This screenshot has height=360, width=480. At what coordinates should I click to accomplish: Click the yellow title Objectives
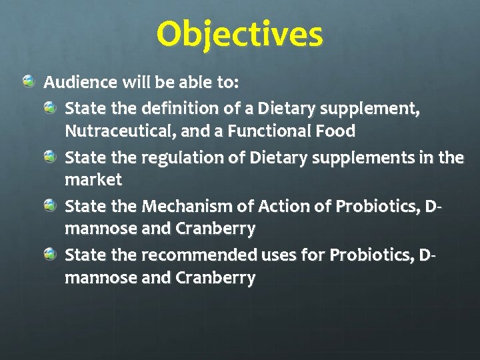click(x=240, y=35)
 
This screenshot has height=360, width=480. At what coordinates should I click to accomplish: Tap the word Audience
click(x=80, y=83)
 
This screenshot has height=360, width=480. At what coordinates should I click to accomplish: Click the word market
click(x=93, y=180)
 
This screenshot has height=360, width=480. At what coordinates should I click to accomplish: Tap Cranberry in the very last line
click(x=215, y=278)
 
